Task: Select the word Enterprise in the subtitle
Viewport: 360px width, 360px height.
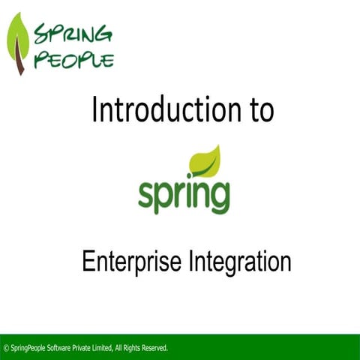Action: coord(127,262)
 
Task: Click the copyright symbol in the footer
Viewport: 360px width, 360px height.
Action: coord(7,348)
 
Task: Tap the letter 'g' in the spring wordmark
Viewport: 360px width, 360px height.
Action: coord(220,196)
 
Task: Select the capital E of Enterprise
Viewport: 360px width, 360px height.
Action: coord(86,262)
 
